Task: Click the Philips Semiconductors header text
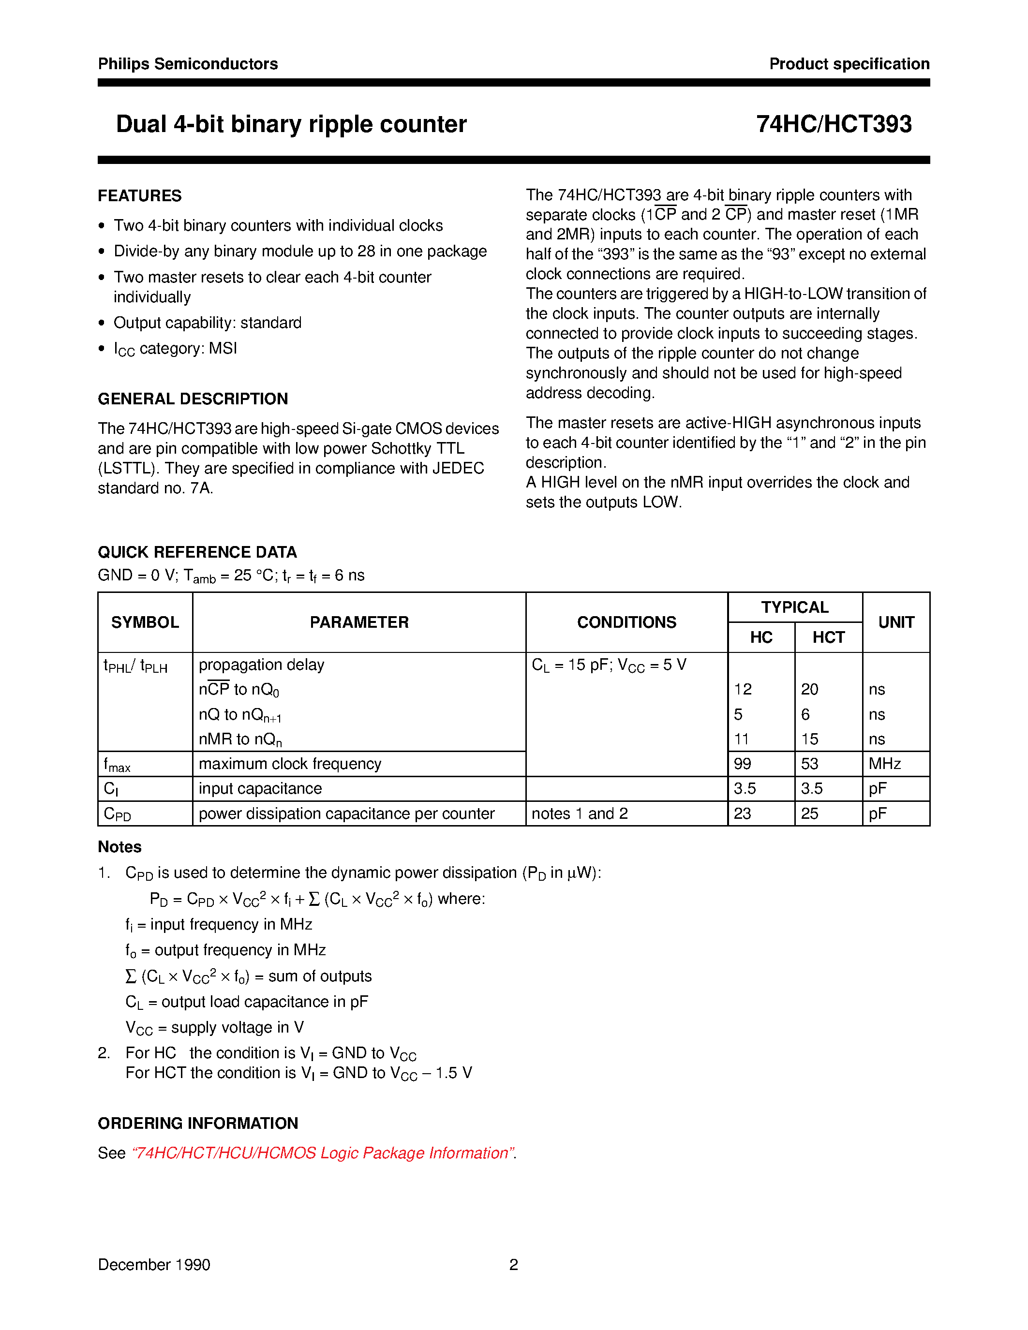[x=188, y=64]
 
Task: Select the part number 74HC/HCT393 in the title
[x=833, y=124]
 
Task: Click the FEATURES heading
[x=139, y=196]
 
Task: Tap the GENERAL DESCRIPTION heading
[x=193, y=399]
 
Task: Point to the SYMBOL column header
[x=145, y=622]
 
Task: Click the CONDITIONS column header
[x=626, y=622]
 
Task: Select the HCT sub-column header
[x=828, y=637]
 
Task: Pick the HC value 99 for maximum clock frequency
[x=743, y=764]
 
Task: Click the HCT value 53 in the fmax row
[x=809, y=764]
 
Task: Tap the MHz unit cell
[x=884, y=764]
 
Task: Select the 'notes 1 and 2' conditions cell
[x=579, y=813]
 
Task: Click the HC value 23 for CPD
[x=743, y=813]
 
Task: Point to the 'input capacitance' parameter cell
[x=260, y=789]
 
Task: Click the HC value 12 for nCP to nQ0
[x=743, y=689]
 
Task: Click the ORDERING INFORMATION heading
[x=198, y=1123]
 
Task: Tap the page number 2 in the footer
[x=513, y=1265]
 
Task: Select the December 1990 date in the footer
[x=154, y=1265]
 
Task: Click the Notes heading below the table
[x=119, y=847]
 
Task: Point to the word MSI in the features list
[x=222, y=348]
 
